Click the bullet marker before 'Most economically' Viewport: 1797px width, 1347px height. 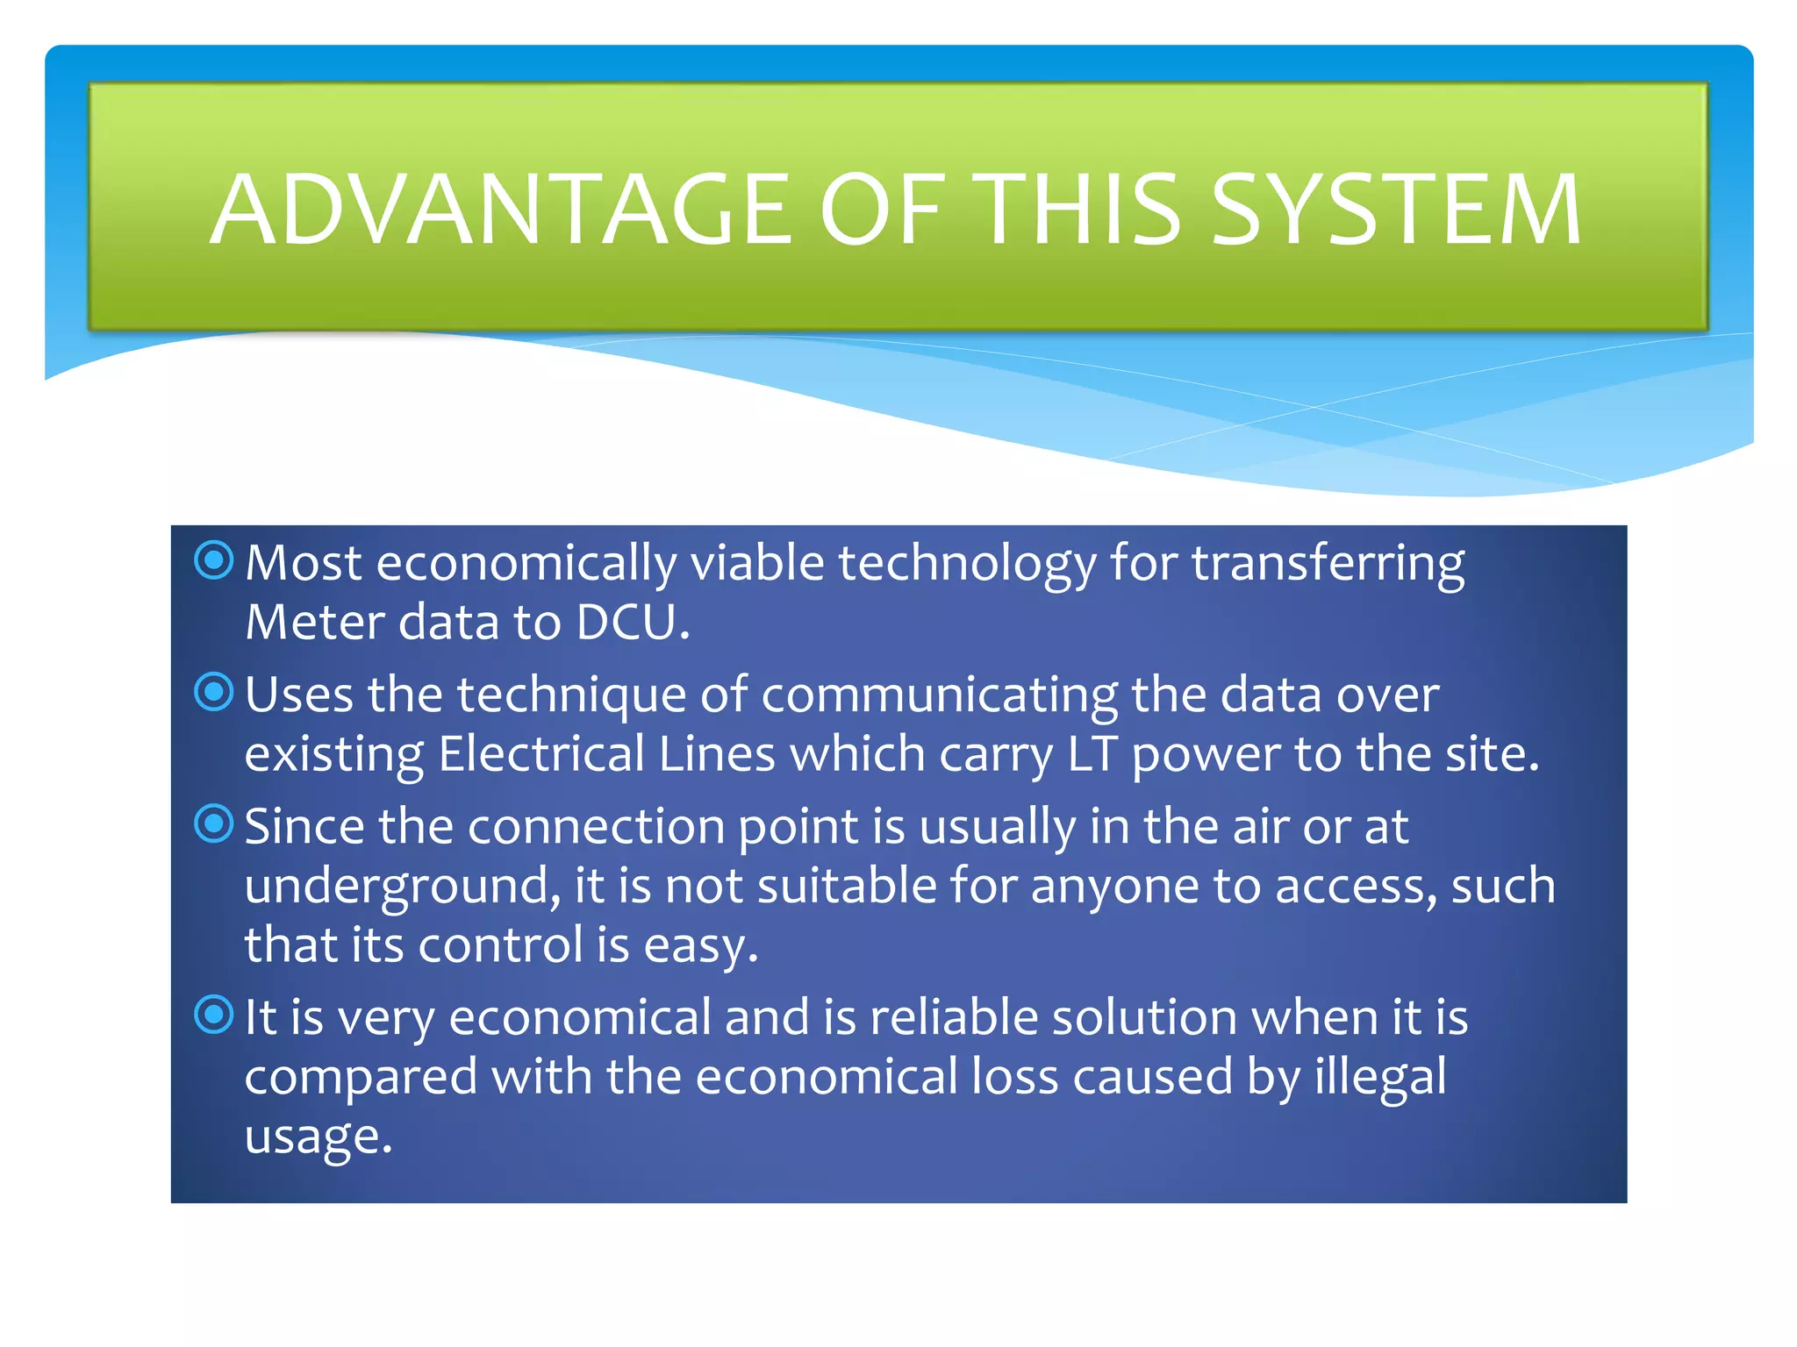coord(214,560)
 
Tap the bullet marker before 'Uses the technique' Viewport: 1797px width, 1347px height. coord(214,693)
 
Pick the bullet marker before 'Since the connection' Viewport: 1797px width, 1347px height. coord(214,824)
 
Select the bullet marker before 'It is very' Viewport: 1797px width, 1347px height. coord(214,1016)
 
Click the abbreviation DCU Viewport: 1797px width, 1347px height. coord(632,623)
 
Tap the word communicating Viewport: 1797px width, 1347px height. coord(939,695)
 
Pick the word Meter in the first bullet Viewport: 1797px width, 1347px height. coord(315,623)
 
